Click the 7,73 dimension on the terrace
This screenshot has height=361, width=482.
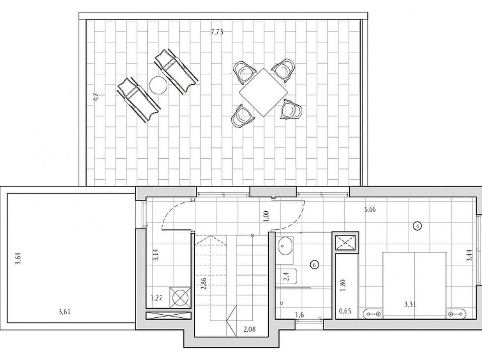(217, 32)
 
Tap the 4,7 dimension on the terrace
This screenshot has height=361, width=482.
(96, 97)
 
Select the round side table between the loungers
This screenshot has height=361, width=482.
(158, 85)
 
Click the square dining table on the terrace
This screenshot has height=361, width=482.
(263, 92)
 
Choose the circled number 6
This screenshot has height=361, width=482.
(314, 265)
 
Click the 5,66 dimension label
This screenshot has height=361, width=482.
(370, 209)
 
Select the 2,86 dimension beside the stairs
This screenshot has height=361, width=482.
(204, 284)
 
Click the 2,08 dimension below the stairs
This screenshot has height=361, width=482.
(250, 329)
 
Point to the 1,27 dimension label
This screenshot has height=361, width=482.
(157, 298)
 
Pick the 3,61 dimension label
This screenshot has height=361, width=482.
(64, 312)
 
